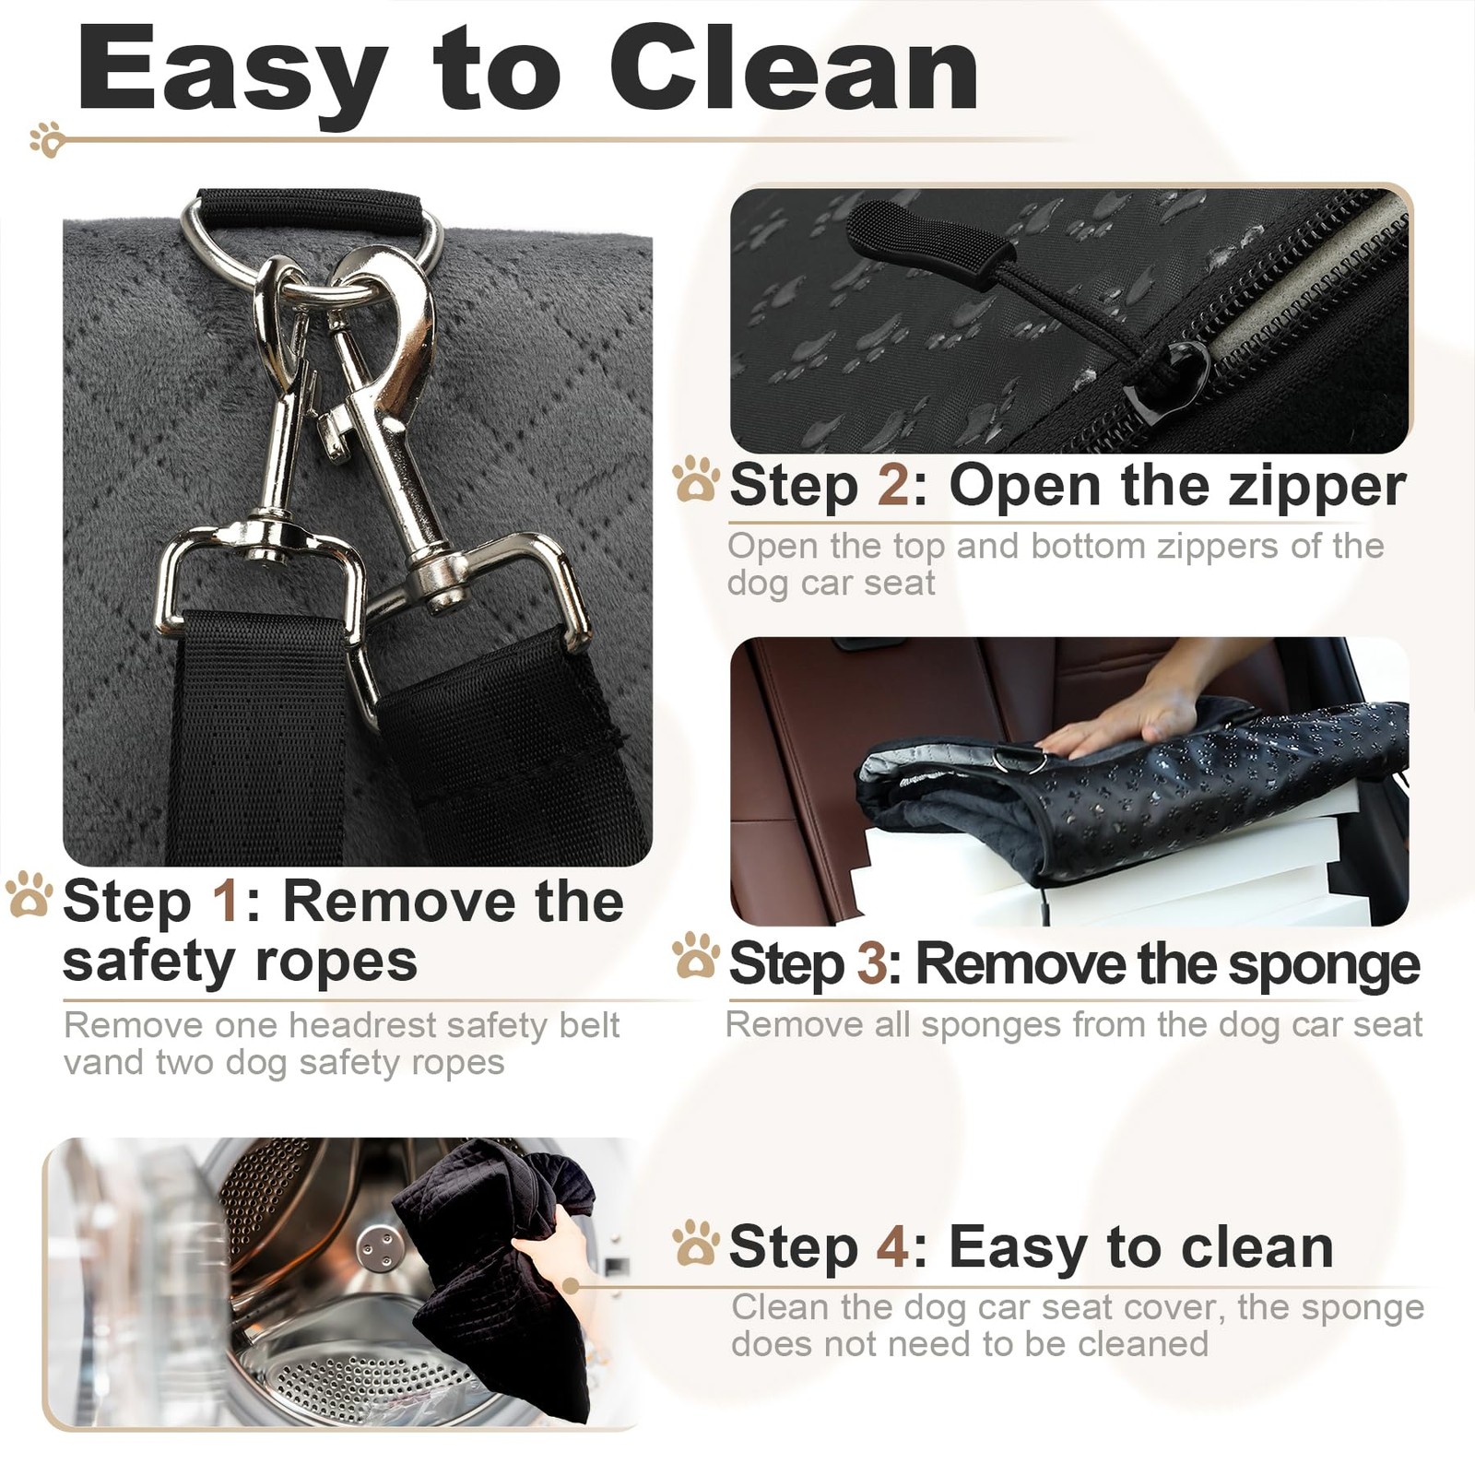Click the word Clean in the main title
[794, 71]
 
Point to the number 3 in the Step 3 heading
[872, 964]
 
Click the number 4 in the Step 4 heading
[893, 1247]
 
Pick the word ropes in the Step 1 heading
[336, 964]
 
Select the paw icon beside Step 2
[695, 479]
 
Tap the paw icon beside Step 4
[695, 1242]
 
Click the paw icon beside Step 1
[29, 895]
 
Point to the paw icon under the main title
[46, 138]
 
